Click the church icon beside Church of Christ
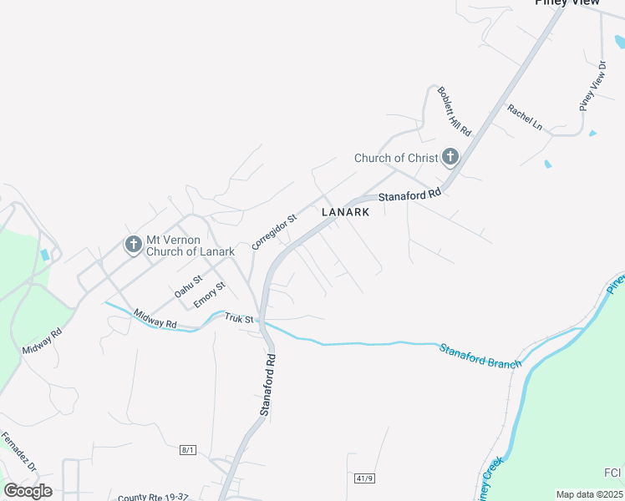[x=450, y=156]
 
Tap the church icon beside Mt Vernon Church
[x=132, y=245]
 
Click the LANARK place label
[x=345, y=212]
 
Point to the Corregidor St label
[x=275, y=232]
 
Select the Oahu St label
[x=188, y=286]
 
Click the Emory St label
[x=210, y=295]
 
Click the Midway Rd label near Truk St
[x=155, y=317]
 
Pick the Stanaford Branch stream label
[x=480, y=355]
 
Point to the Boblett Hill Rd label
[x=455, y=111]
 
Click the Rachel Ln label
[x=525, y=118]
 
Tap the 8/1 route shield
[x=188, y=450]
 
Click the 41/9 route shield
[x=363, y=478]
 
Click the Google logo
[x=28, y=491]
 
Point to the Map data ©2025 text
[x=589, y=494]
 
